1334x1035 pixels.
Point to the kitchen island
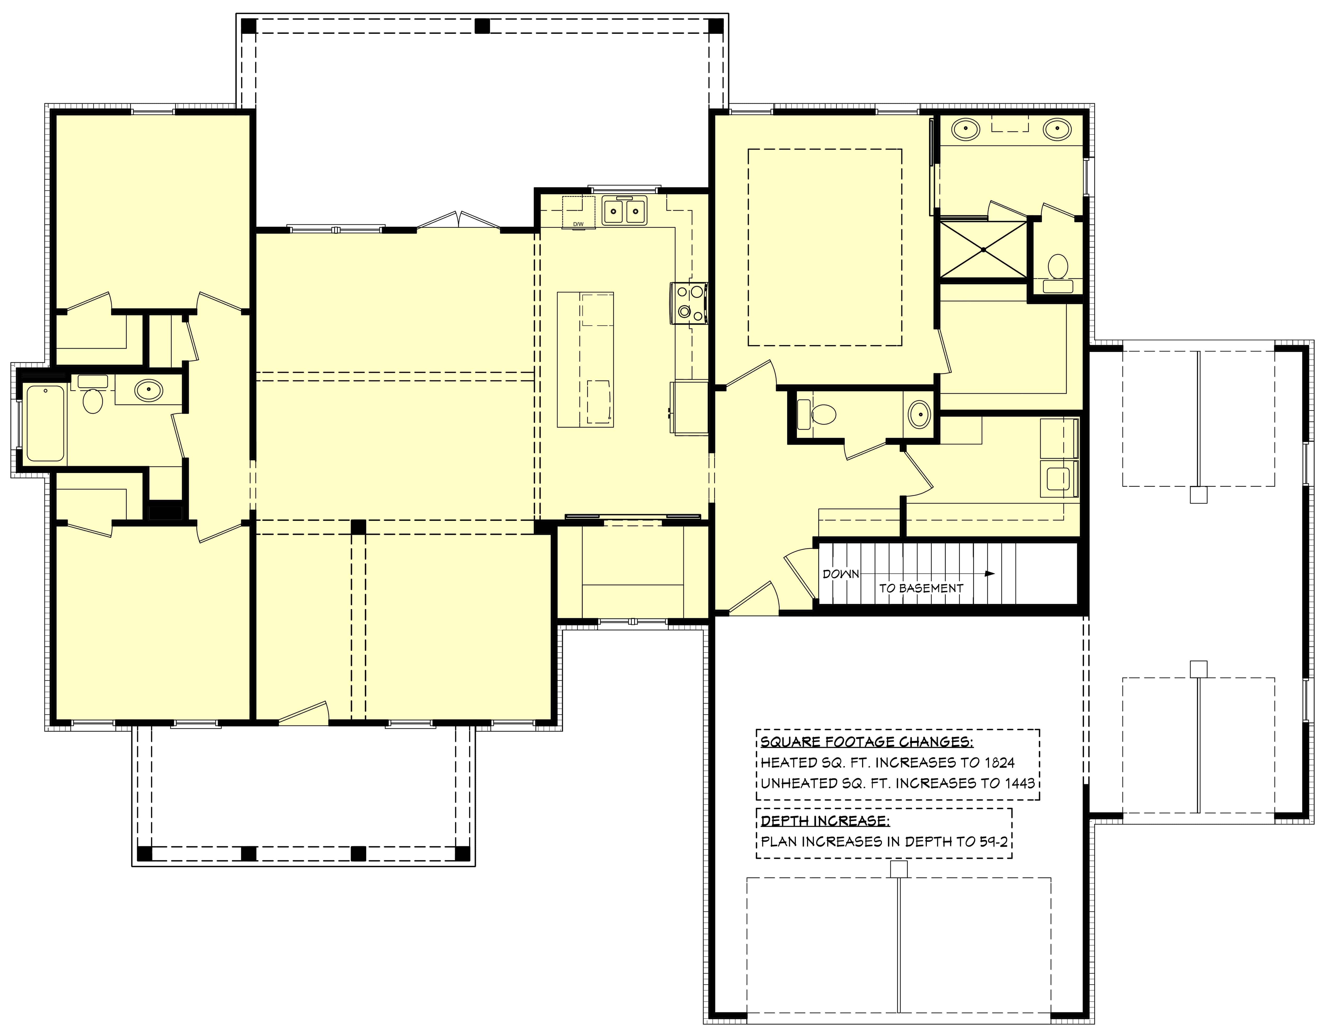coord(585,359)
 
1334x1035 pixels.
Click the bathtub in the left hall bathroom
coord(45,423)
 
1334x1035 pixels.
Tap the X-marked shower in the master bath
coord(983,249)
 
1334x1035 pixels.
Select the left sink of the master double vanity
coord(966,130)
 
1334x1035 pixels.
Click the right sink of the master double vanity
coord(1057,130)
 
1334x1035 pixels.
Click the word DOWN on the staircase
coord(840,574)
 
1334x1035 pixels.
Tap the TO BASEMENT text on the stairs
coord(921,588)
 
